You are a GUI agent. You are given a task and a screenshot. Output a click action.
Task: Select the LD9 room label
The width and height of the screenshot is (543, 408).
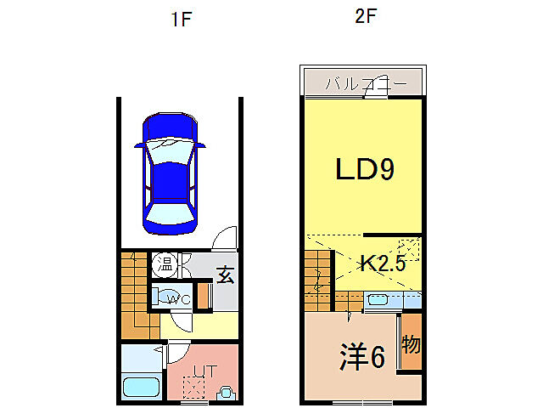[363, 171]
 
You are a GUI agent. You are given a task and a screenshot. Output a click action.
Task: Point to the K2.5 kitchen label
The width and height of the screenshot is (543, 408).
[383, 263]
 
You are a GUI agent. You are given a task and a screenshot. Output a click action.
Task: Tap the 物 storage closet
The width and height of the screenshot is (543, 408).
[411, 345]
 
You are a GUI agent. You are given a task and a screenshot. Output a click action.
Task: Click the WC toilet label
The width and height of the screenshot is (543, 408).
[178, 299]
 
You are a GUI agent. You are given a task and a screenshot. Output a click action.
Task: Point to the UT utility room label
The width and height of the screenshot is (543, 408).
[204, 371]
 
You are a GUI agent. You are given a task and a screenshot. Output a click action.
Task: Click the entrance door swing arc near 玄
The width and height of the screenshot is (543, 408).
[225, 239]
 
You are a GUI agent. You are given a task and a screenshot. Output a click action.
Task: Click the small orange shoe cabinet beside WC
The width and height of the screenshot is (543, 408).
[202, 295]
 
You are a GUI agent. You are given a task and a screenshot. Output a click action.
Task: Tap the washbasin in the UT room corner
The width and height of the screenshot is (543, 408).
[227, 393]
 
